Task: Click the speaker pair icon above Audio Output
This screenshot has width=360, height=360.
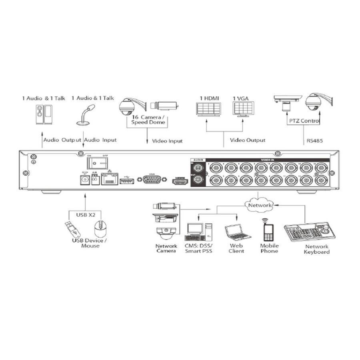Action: (x=44, y=114)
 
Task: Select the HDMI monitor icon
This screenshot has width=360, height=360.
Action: (x=208, y=109)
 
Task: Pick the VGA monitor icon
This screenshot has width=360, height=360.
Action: (x=243, y=108)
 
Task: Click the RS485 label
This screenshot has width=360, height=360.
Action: (x=315, y=140)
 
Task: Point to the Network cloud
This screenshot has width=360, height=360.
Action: (x=258, y=205)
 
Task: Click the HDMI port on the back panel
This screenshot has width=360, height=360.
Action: (x=180, y=181)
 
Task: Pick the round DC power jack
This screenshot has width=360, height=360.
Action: (x=85, y=181)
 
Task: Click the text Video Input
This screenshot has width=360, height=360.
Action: (x=167, y=141)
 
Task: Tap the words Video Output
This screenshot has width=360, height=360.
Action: (x=248, y=140)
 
